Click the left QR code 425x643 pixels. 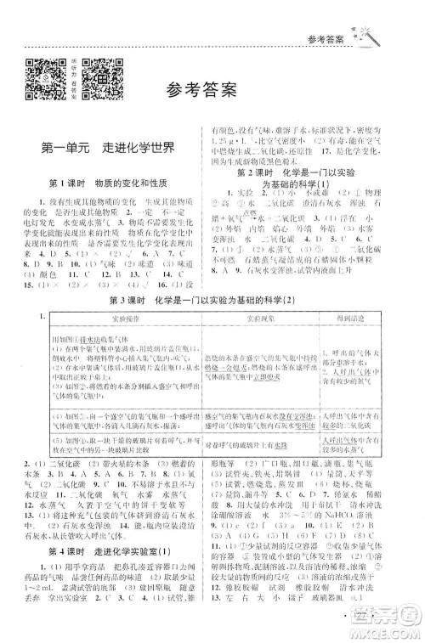click(x=43, y=76)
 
